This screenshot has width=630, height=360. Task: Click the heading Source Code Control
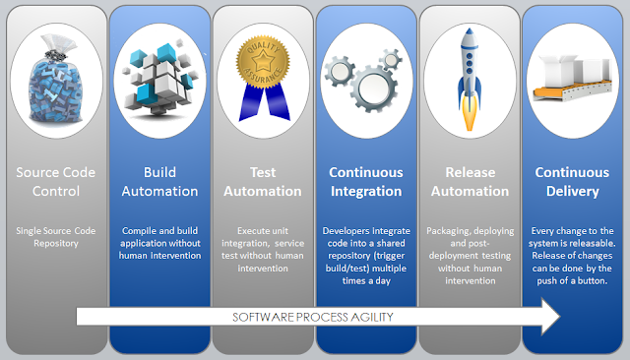pyautogui.click(x=56, y=182)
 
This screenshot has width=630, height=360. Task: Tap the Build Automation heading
pyautogui.click(x=159, y=182)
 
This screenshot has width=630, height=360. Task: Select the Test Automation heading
pyautogui.click(x=263, y=182)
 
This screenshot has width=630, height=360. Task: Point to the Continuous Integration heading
pyautogui.click(x=366, y=182)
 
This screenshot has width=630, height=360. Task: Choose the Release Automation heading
pyautogui.click(x=471, y=182)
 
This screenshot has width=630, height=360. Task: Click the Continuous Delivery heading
pyautogui.click(x=572, y=182)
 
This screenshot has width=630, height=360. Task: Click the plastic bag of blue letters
pyautogui.click(x=56, y=81)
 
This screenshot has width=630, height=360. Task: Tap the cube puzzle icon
pyautogui.click(x=159, y=79)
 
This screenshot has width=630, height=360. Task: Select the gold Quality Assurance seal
pyautogui.click(x=263, y=61)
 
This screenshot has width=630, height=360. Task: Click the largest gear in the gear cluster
pyautogui.click(x=373, y=89)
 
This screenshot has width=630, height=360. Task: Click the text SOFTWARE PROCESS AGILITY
pyautogui.click(x=313, y=317)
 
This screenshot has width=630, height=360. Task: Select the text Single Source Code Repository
pyautogui.click(x=56, y=237)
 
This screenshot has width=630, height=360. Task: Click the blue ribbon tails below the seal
pyautogui.click(x=265, y=102)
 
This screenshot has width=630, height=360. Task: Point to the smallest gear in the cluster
pyautogui.click(x=390, y=60)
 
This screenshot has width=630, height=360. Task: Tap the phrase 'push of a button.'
pyautogui.click(x=572, y=281)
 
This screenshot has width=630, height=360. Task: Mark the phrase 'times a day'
pyautogui.click(x=366, y=281)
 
